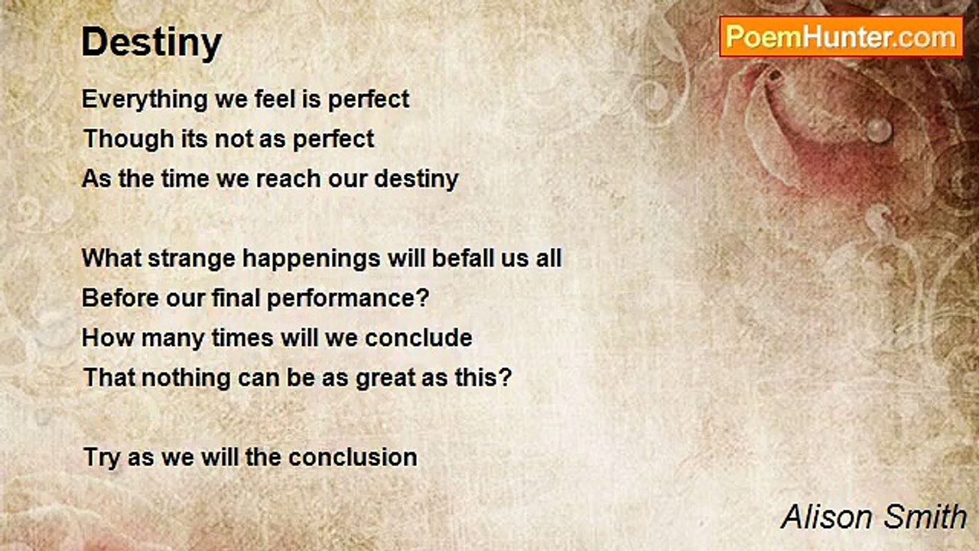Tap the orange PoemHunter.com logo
click(841, 37)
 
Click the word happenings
click(311, 259)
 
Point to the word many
click(173, 339)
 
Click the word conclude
click(418, 338)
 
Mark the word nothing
click(186, 378)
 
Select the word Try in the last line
click(102, 458)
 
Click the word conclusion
click(353, 458)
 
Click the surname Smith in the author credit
click(925, 517)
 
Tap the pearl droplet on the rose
click(879, 130)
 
